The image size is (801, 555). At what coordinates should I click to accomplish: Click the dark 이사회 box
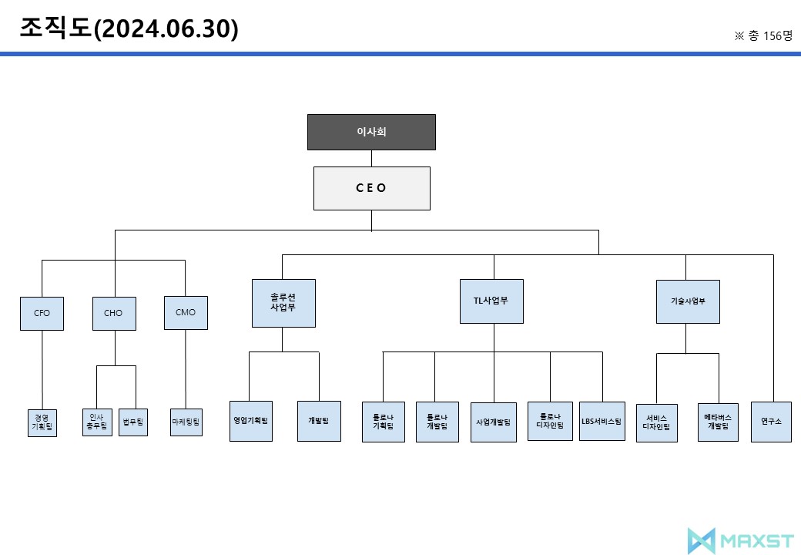click(371, 132)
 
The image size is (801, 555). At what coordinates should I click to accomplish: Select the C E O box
click(371, 188)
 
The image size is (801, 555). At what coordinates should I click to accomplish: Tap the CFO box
click(42, 313)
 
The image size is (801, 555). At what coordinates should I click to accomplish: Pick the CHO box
click(114, 313)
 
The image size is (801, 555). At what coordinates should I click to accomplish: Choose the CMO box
click(186, 312)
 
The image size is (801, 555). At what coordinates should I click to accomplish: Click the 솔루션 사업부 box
click(283, 303)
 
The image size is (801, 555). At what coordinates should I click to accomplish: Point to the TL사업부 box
click(491, 301)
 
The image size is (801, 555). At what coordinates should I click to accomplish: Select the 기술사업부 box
click(688, 301)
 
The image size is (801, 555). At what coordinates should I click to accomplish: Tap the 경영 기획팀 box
click(42, 422)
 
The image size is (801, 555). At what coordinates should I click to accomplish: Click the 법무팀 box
click(132, 422)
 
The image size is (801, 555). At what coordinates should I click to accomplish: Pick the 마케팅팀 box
click(186, 422)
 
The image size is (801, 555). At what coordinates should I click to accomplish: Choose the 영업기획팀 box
click(251, 421)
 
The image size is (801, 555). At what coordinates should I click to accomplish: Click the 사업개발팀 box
click(494, 422)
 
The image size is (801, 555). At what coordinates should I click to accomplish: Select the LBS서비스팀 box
click(602, 421)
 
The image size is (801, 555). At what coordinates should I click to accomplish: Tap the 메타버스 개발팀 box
click(718, 422)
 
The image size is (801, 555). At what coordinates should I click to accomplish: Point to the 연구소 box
click(771, 422)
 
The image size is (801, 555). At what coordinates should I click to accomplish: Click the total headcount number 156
click(773, 36)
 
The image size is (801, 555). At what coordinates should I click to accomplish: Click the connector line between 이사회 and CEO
click(371, 158)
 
